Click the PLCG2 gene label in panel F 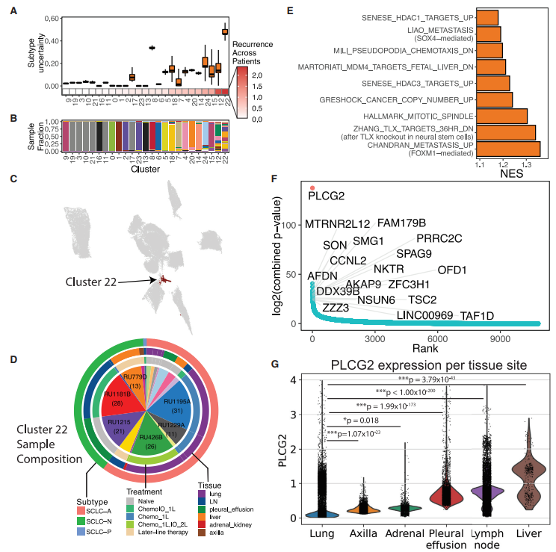tap(327, 196)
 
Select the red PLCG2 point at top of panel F tap(312, 188)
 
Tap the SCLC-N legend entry tap(98, 521)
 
